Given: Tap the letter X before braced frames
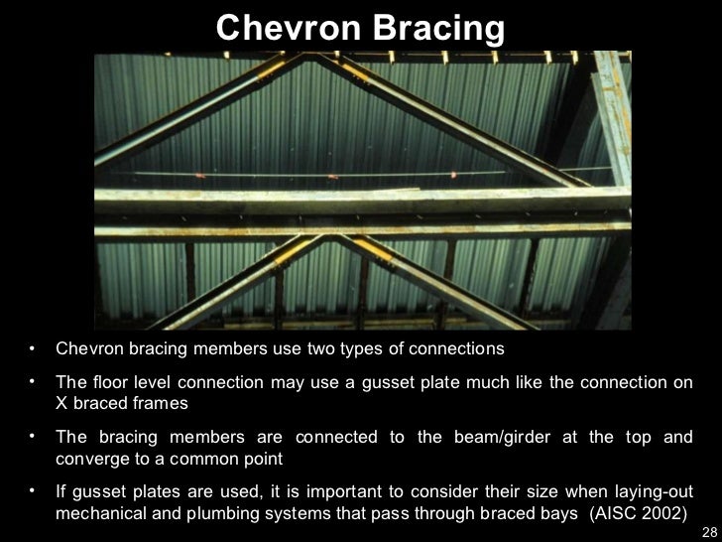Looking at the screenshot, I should tap(61, 405).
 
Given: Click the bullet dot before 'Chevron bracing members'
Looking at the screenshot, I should tap(33, 349).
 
